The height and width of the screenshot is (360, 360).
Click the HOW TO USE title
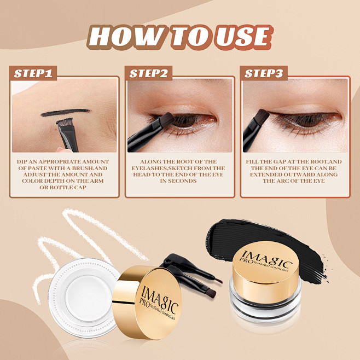point(179,37)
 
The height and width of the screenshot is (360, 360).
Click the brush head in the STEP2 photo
point(164,119)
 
